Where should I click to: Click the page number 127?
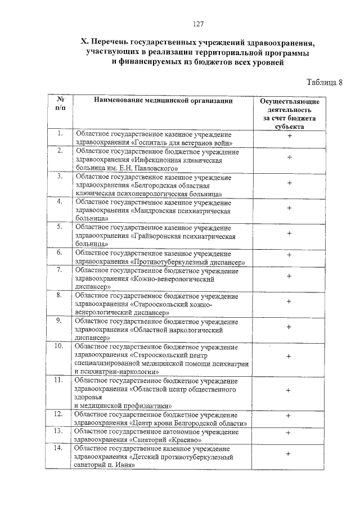(x=197, y=24)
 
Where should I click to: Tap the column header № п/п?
(x=60, y=103)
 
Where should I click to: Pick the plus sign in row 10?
(x=288, y=356)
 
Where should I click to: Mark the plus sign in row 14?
(x=288, y=453)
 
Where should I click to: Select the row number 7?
(x=58, y=271)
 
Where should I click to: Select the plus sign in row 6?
(x=289, y=256)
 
